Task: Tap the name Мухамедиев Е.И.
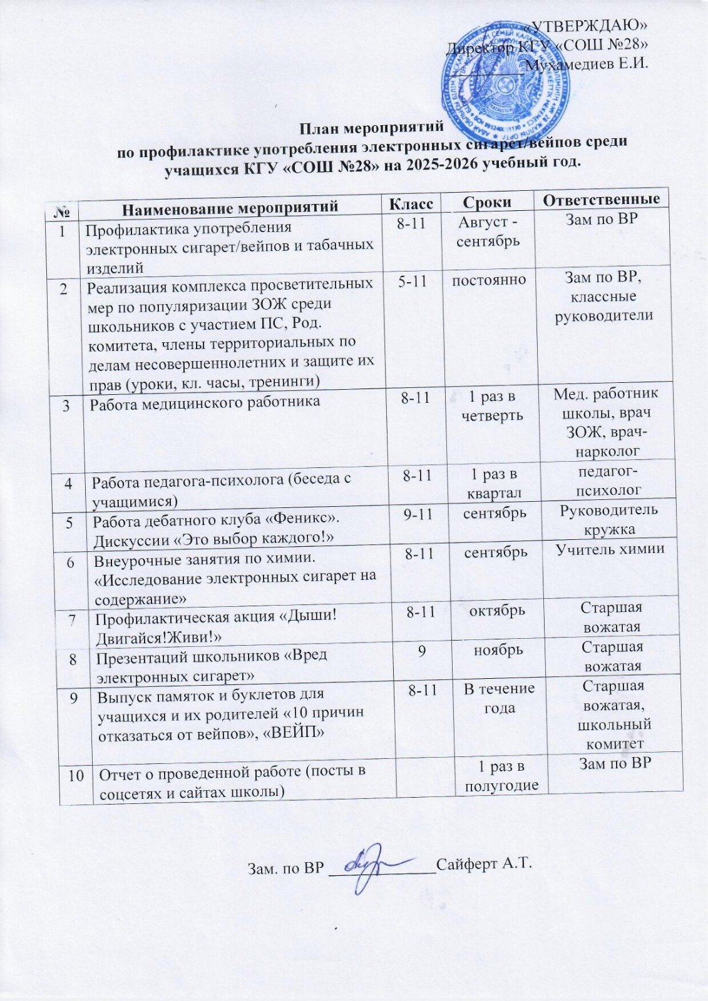pos(587,64)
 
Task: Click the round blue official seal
pos(511,82)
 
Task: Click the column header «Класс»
pos(411,203)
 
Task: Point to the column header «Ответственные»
pos(601,200)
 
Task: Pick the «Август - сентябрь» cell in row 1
pos(488,231)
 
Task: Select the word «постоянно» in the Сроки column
pos(489,280)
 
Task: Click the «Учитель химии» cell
pos(610,549)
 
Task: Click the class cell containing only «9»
pos(423,651)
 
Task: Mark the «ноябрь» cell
pos(498,650)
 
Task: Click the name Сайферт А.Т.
pos(484,864)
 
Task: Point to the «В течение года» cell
pos(499,698)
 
